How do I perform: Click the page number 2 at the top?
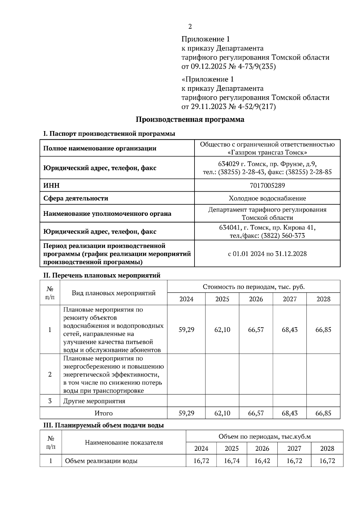pyautogui.click(x=190, y=27)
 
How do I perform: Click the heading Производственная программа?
pyautogui.click(x=190, y=120)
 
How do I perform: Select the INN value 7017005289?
pyautogui.click(x=267, y=185)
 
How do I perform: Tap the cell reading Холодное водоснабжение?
pyautogui.click(x=267, y=198)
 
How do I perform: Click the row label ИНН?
pyautogui.click(x=52, y=185)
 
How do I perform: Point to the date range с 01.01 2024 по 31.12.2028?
pyautogui.click(x=267, y=254)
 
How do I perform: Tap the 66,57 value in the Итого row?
pyautogui.click(x=256, y=413)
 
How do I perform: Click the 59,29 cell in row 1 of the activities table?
pyautogui.click(x=186, y=330)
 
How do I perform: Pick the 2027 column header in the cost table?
pyautogui.click(x=289, y=299)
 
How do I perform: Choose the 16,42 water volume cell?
pyautogui.click(x=262, y=461)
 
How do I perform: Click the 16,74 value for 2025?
pyautogui.click(x=231, y=461)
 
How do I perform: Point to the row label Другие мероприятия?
pyautogui.click(x=94, y=401)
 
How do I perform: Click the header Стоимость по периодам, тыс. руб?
pyautogui.click(x=253, y=287)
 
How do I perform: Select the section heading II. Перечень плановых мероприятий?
pyautogui.click(x=102, y=275)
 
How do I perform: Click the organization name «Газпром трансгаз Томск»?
pyautogui.click(x=267, y=152)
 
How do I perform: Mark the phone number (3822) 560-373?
pyautogui.click(x=283, y=236)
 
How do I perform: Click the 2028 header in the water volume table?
pyautogui.click(x=327, y=448)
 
